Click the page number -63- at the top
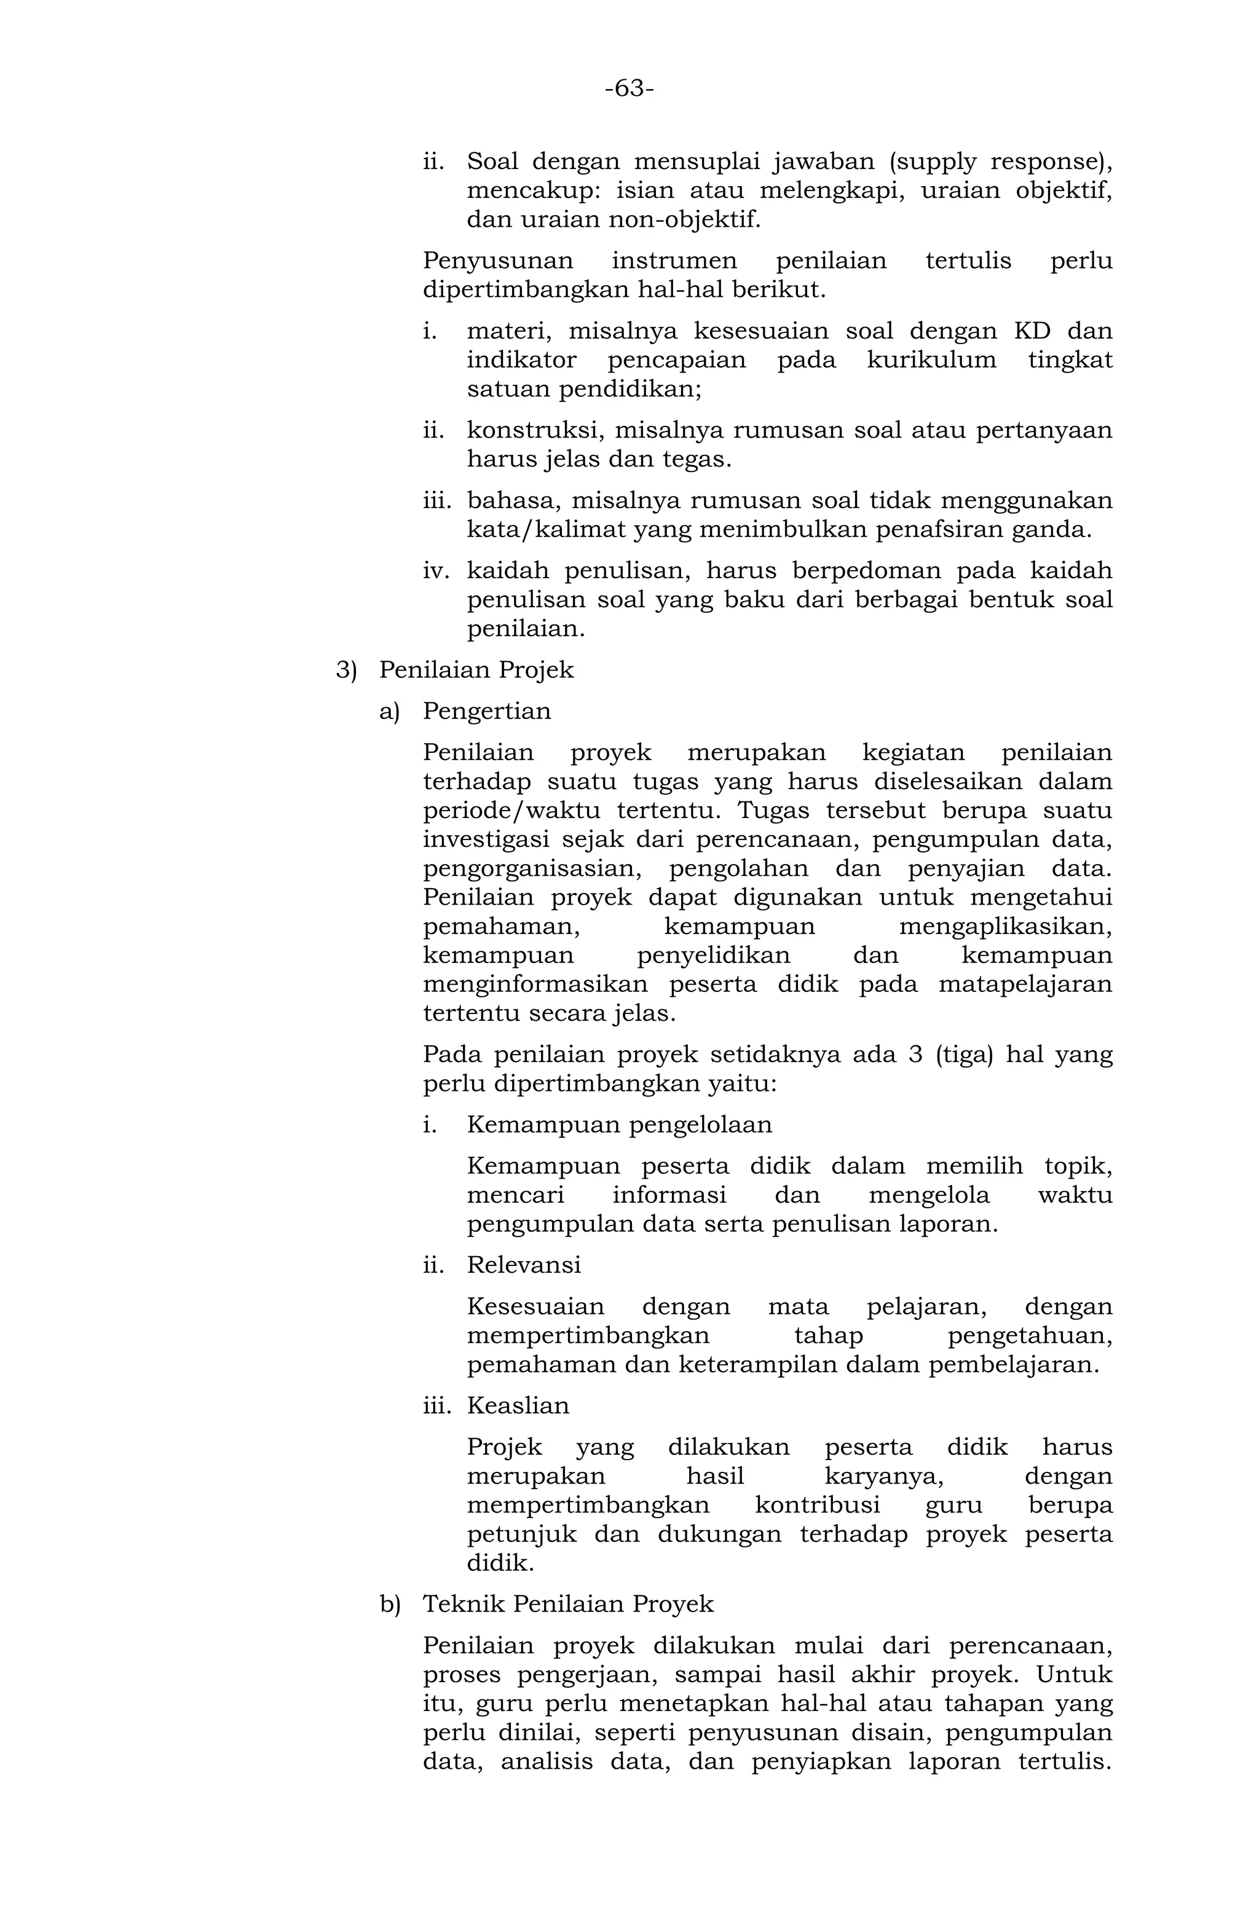(x=629, y=88)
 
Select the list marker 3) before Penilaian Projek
(x=346, y=670)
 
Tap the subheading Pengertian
(x=486, y=711)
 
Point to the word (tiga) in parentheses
(x=963, y=1055)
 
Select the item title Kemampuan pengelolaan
(x=619, y=1125)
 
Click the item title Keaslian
(x=518, y=1405)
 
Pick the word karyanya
(x=883, y=1476)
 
